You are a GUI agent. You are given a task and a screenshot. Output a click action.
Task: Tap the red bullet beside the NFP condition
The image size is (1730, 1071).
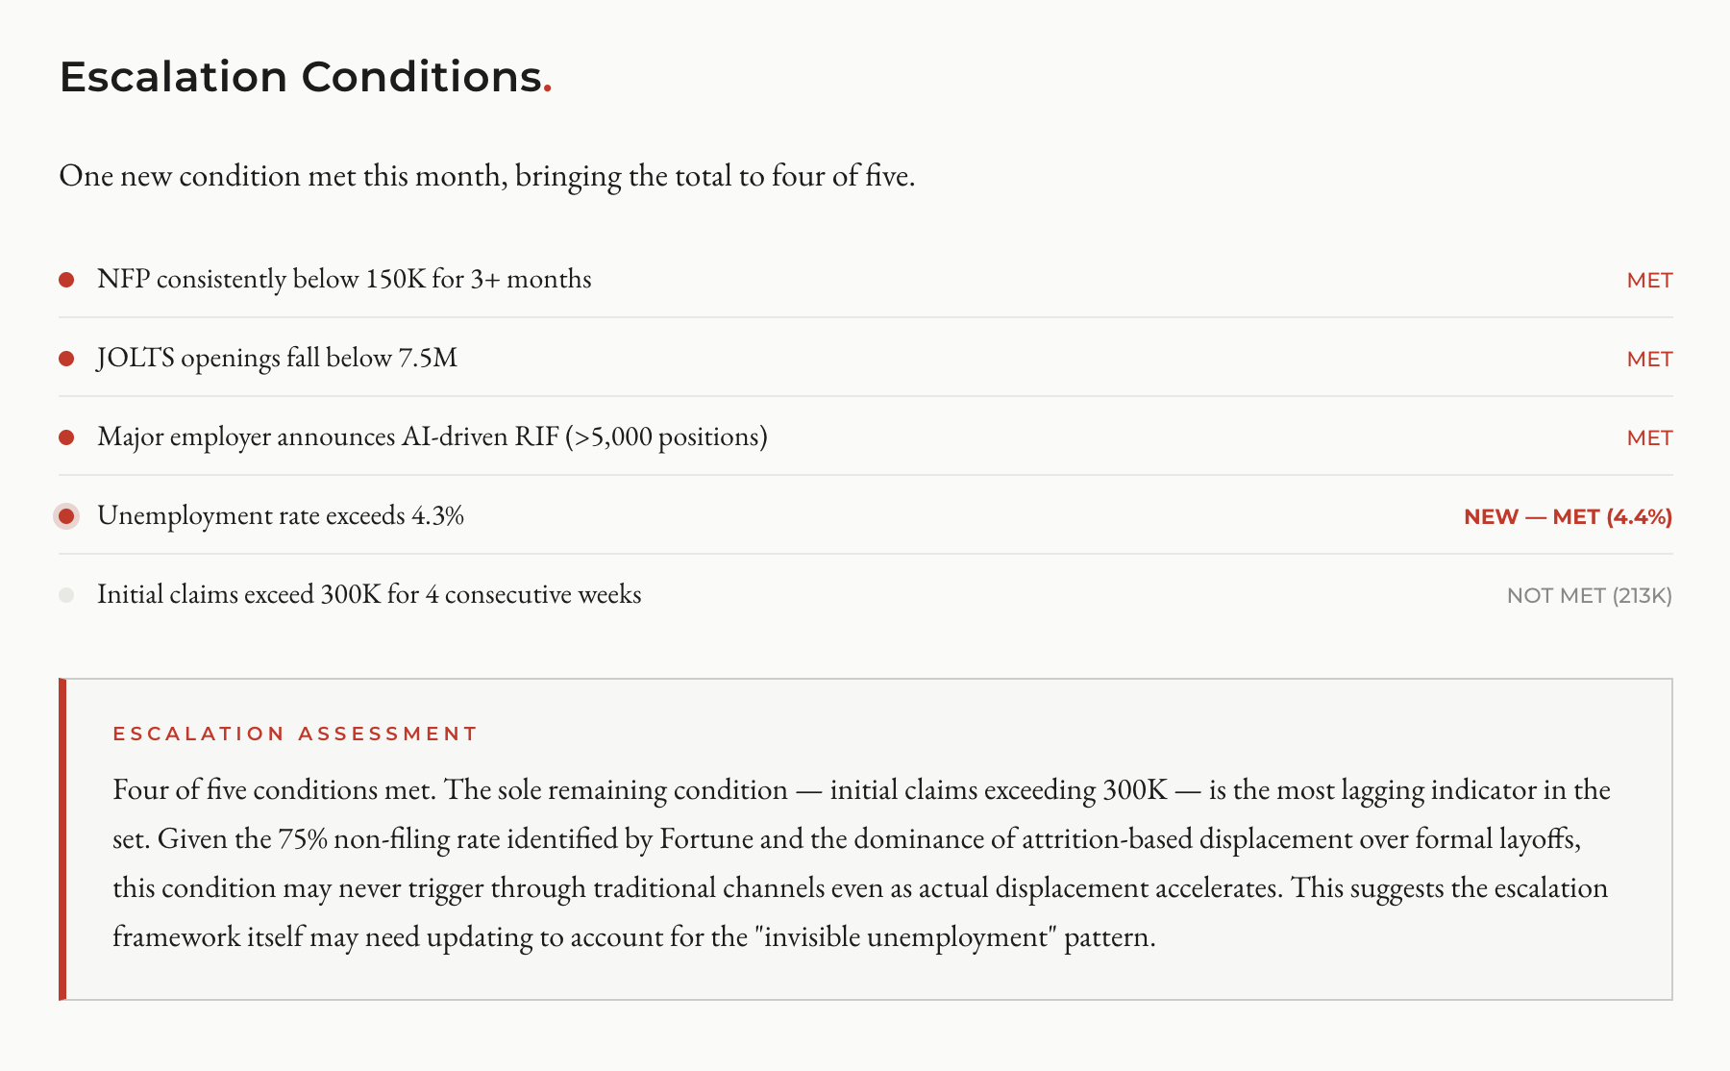(x=66, y=280)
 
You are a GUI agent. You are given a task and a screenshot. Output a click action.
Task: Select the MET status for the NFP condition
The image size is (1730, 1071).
(x=1649, y=281)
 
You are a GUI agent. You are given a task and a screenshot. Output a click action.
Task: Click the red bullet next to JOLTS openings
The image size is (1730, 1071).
(x=66, y=359)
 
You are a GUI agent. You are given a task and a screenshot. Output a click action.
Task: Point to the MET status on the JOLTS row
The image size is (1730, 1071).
(x=1649, y=360)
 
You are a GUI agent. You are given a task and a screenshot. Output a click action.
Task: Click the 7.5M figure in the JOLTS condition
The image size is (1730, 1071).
(x=428, y=359)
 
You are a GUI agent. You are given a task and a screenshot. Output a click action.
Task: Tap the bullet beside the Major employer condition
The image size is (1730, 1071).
(x=66, y=437)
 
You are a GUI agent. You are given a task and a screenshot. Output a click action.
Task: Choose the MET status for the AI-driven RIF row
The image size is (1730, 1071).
(x=1649, y=438)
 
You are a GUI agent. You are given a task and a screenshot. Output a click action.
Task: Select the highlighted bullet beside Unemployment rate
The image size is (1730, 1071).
(x=66, y=516)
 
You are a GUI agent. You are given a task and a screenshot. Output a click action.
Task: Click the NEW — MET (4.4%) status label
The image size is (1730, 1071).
(x=1568, y=517)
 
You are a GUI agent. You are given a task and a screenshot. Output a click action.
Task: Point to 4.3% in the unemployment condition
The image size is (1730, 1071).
(x=437, y=516)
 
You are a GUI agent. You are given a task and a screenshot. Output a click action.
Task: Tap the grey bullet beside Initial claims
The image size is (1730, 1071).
(x=66, y=595)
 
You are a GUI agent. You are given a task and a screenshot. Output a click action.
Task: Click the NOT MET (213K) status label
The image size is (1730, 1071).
(x=1589, y=596)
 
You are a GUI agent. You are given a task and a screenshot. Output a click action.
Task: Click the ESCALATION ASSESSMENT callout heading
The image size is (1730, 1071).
(x=295, y=734)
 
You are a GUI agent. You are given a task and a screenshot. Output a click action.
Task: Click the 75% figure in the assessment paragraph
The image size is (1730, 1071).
(x=303, y=839)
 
